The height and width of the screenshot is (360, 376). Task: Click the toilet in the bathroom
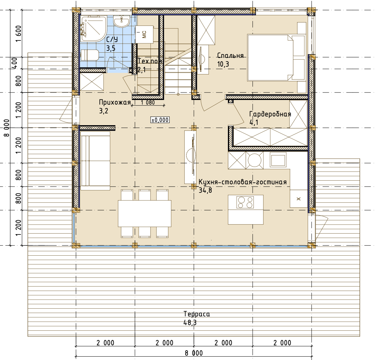[x=90, y=55]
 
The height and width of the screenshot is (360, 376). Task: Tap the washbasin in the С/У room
[x=122, y=21]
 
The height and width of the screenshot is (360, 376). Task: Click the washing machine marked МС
[x=144, y=34]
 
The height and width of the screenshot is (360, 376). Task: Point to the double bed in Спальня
[x=277, y=58]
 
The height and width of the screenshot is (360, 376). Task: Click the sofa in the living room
[x=95, y=161]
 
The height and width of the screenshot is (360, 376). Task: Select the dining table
[x=145, y=214]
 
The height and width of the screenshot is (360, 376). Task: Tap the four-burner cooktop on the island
[x=245, y=202]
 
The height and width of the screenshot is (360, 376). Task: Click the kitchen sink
[x=278, y=159]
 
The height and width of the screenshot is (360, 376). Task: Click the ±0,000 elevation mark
[x=160, y=120]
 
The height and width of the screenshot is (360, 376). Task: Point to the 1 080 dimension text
[x=148, y=102]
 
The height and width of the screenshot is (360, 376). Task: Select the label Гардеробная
[x=270, y=114]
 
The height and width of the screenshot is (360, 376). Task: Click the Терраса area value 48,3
[x=190, y=323]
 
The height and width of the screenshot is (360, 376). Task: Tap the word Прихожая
[x=115, y=102]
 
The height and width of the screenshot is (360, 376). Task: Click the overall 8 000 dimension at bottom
[x=194, y=353]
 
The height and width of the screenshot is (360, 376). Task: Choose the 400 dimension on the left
[x=15, y=63]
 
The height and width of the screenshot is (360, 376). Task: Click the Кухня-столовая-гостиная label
[x=243, y=182]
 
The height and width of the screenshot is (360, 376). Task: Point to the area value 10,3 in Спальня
[x=223, y=64]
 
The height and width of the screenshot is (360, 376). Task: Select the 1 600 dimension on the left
[x=19, y=34]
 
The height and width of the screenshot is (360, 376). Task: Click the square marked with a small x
[x=299, y=199]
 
